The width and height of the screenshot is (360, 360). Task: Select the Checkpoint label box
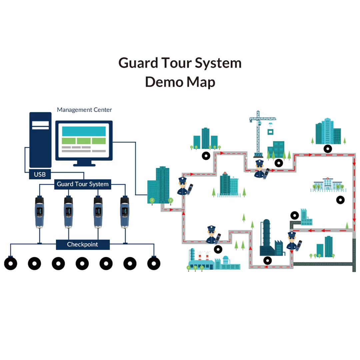[x=83, y=244]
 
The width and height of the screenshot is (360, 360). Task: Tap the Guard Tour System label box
[x=83, y=184]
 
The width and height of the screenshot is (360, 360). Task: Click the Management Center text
[x=84, y=110]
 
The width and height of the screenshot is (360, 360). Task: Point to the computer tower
[x=40, y=140]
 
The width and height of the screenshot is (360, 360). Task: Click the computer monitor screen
[x=84, y=140]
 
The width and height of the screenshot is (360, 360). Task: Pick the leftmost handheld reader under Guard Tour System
[x=39, y=212]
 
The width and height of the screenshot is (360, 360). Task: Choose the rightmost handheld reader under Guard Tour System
[x=124, y=212]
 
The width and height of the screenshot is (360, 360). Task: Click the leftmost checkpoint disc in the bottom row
[x=11, y=264]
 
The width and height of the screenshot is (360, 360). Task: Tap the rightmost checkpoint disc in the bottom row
[x=154, y=264]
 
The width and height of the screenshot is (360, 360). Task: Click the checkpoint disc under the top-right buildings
[x=328, y=149]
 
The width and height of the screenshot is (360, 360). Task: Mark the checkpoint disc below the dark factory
[x=267, y=260]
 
